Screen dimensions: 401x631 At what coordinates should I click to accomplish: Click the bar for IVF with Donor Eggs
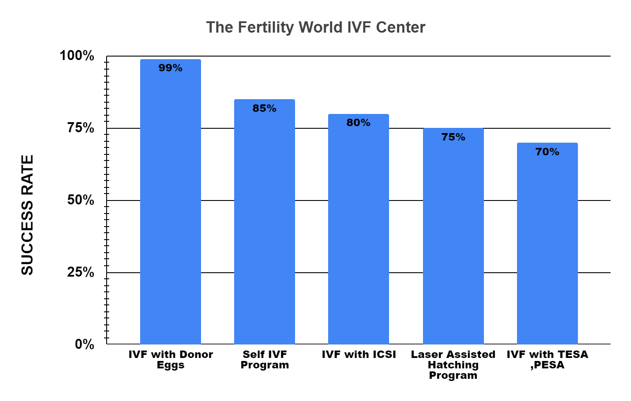pos(170,204)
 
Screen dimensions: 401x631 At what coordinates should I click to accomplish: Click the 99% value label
pos(170,68)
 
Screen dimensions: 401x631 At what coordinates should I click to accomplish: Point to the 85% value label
pos(264,108)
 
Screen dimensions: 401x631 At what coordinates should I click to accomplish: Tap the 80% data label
pos(358,123)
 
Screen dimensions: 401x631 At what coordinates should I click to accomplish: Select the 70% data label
pos(547,152)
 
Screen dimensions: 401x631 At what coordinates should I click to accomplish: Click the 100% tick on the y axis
pos(77,56)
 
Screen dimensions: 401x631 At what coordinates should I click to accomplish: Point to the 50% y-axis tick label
pos(81,200)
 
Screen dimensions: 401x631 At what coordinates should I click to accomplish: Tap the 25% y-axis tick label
pos(81,272)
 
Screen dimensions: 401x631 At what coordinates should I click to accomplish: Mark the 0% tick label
pos(84,344)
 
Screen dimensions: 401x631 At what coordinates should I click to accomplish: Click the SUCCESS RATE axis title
pos(27,215)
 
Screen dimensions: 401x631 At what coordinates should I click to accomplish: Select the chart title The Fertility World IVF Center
pos(315,27)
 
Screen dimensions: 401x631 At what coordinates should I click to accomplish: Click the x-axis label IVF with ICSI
pos(359,355)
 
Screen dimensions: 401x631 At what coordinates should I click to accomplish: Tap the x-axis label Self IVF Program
pos(265,360)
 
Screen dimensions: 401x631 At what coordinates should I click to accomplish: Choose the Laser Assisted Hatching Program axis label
pos(453,365)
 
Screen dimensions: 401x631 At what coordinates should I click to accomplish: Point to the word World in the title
pos(321,27)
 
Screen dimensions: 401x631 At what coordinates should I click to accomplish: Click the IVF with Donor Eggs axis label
pos(171,360)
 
